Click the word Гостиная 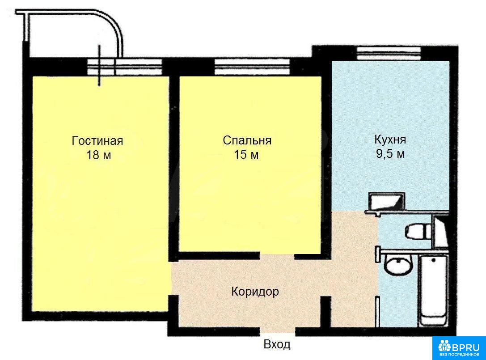(97, 141)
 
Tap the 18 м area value (98, 155)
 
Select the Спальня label (247, 140)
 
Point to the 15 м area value (246, 154)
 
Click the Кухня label (390, 140)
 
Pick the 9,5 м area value (390, 153)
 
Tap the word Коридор (255, 292)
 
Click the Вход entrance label (277, 344)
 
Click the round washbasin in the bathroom (398, 266)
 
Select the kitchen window (389, 53)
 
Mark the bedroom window (252, 67)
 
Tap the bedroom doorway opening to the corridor (277, 256)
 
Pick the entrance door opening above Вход (277, 332)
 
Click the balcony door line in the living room (100, 65)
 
